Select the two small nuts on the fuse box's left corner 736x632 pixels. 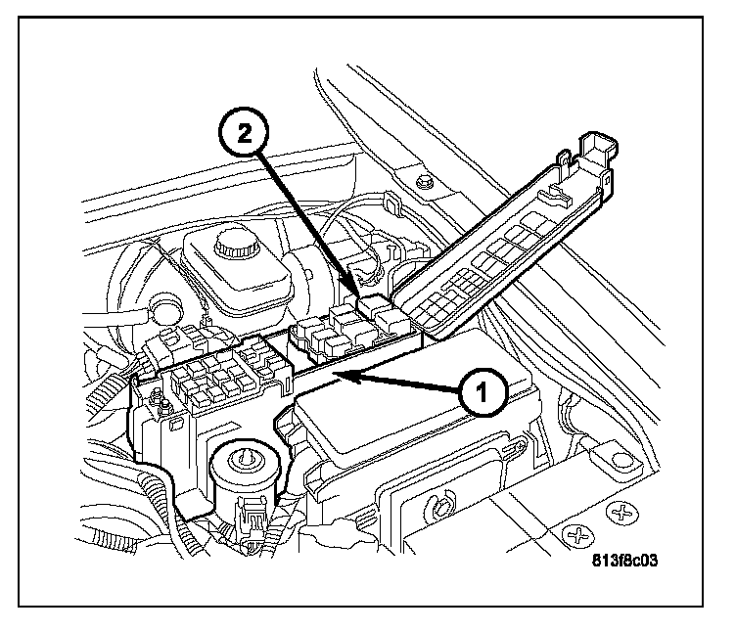[x=157, y=397]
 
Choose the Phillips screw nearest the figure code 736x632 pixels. [x=579, y=535]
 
